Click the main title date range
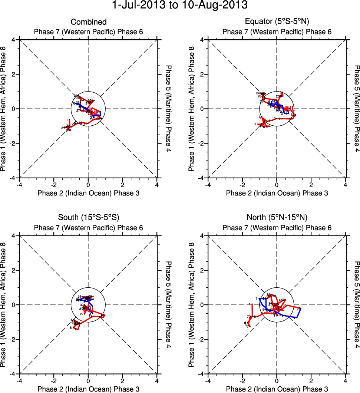(180, 5)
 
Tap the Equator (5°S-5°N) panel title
(277, 22)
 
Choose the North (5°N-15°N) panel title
(277, 218)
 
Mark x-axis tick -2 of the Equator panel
(242, 184)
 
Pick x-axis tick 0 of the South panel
(88, 380)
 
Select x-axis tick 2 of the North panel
(311, 380)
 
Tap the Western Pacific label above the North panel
(277, 228)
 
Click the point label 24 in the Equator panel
(258, 93)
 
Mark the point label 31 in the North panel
(298, 308)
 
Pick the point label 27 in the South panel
(82, 314)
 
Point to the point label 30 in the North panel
(284, 306)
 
